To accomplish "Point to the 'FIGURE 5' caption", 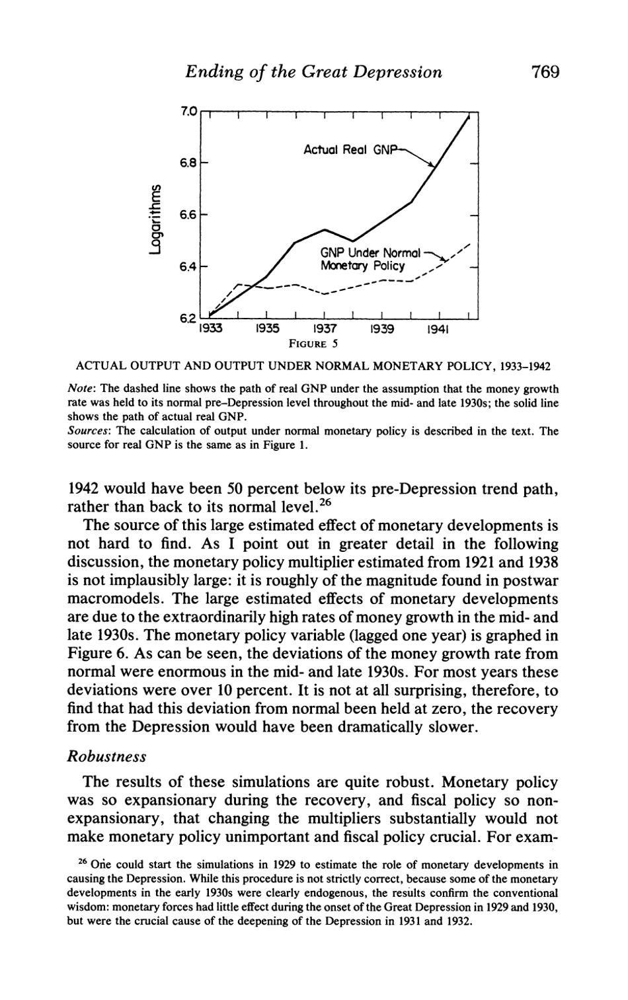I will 314,343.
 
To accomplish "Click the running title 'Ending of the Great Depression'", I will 313,71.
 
